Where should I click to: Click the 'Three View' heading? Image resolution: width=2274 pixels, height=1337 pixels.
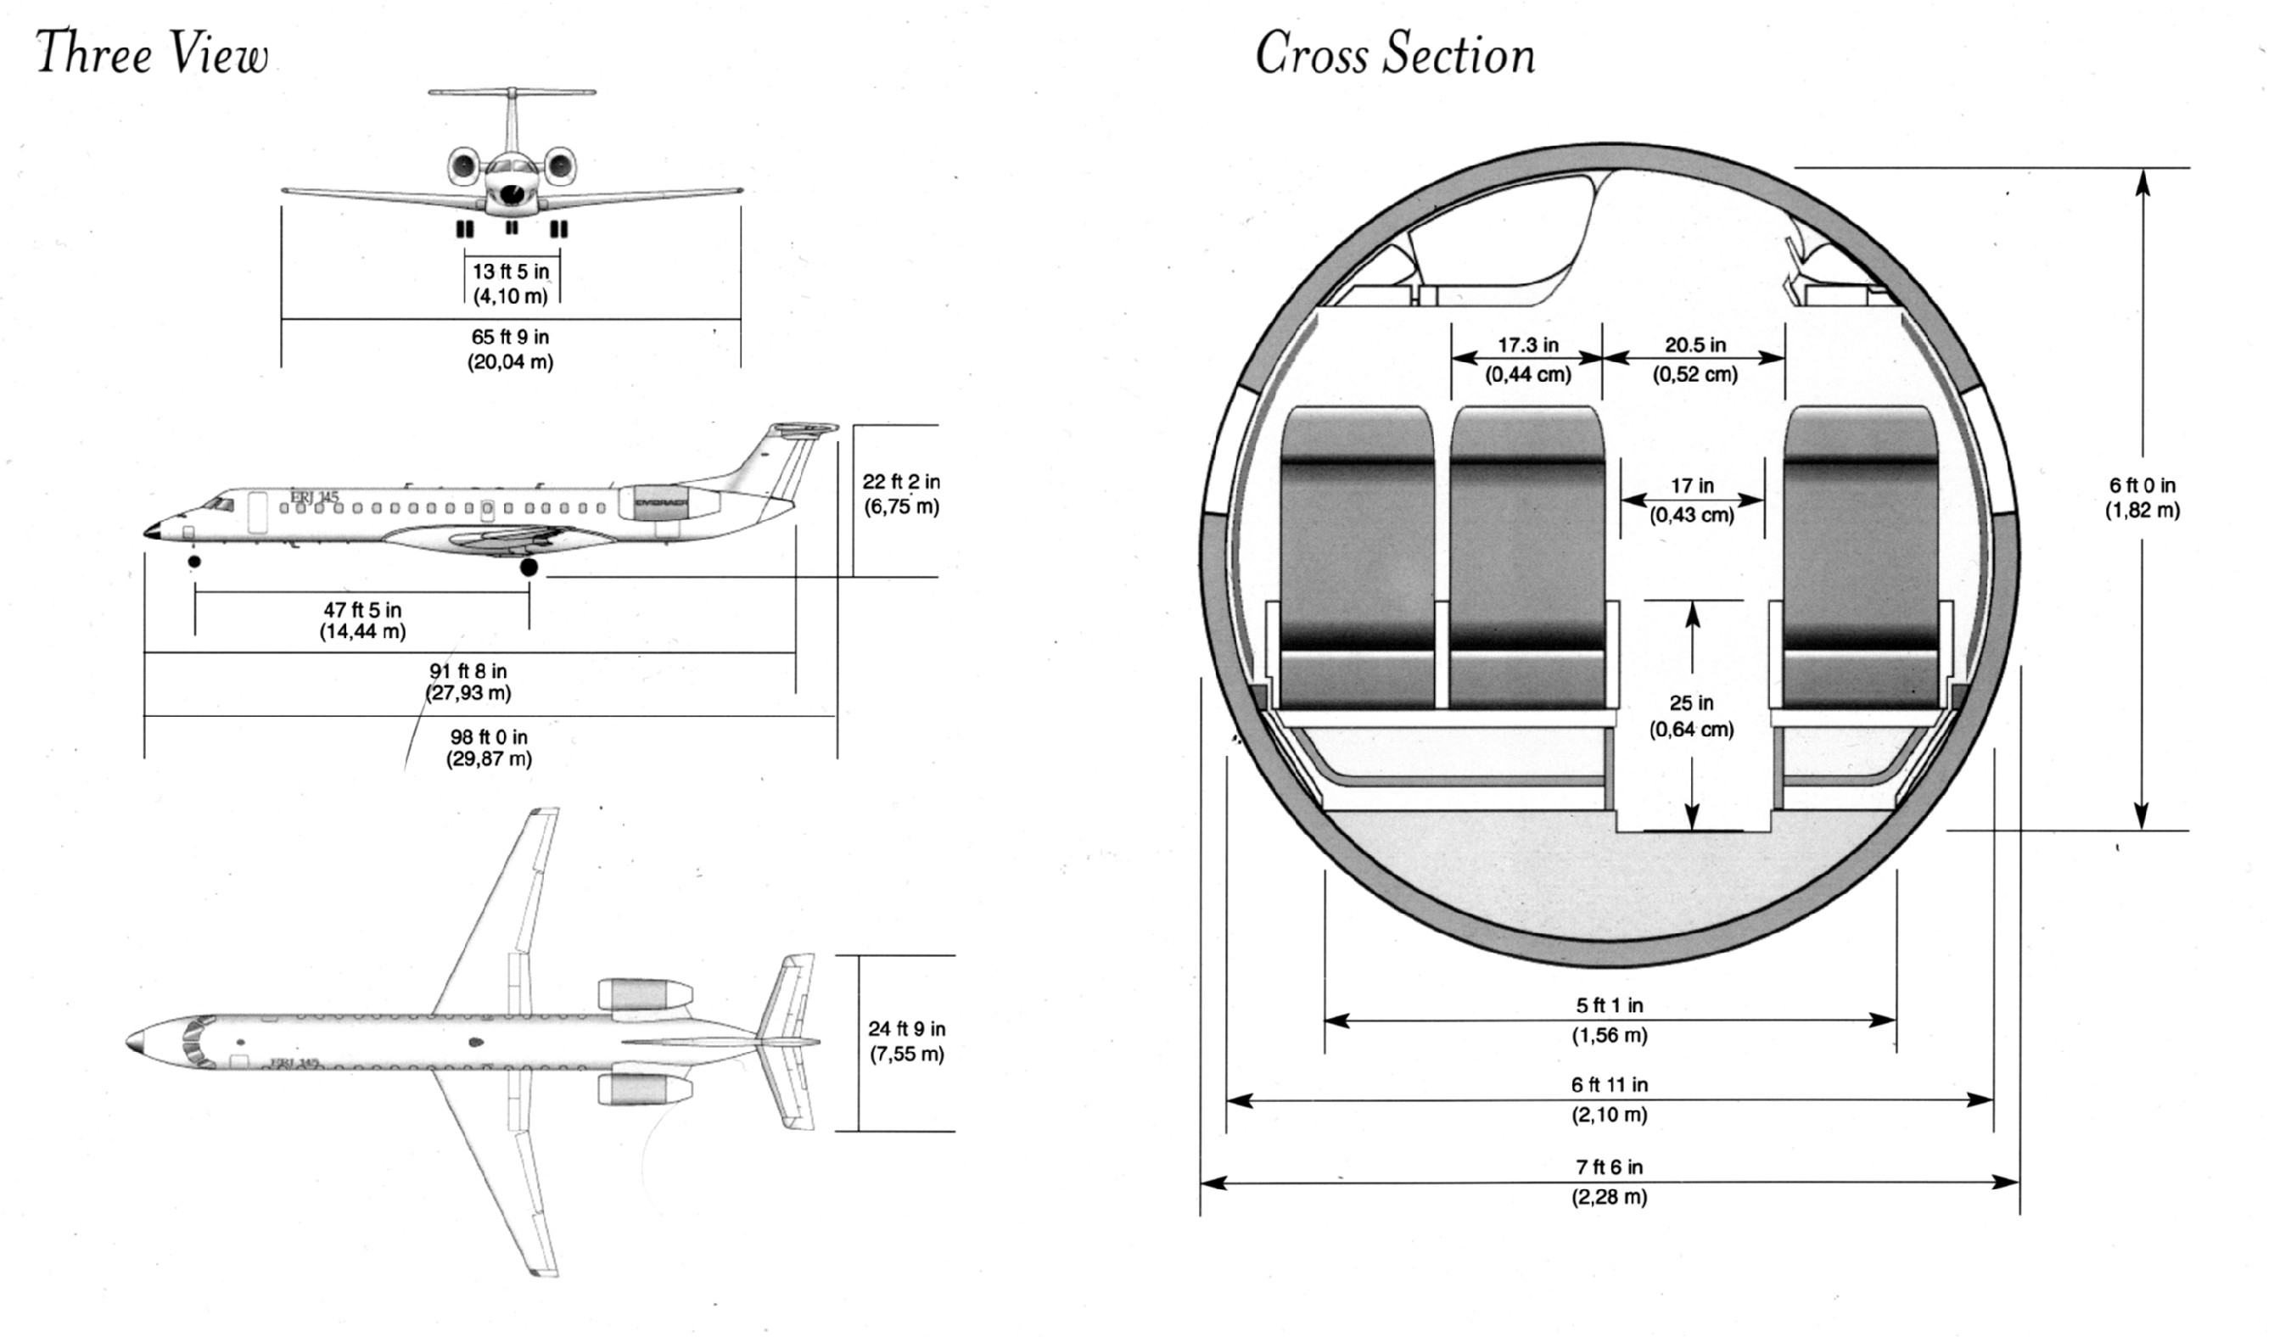[x=152, y=52]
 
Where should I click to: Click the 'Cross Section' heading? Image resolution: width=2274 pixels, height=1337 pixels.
[x=1395, y=53]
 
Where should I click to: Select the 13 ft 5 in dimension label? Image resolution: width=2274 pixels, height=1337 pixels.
[x=511, y=283]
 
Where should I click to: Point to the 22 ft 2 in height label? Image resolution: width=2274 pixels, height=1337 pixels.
[x=901, y=495]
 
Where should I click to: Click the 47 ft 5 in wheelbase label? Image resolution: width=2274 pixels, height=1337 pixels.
[x=363, y=621]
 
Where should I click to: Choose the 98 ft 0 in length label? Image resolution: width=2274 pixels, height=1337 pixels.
[x=489, y=748]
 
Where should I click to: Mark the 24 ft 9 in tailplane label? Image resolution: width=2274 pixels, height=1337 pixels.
[x=907, y=1041]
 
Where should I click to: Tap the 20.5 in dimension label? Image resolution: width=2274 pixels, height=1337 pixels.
[x=1694, y=359]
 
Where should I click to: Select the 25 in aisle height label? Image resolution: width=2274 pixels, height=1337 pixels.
[x=1691, y=715]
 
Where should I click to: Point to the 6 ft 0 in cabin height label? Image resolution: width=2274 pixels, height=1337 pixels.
[x=2142, y=498]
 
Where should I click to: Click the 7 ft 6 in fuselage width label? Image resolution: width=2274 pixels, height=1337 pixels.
[x=1609, y=1182]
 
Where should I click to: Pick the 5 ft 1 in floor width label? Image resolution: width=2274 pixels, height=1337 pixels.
[x=1609, y=1020]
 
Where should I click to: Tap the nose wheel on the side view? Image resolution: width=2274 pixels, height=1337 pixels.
[x=194, y=561]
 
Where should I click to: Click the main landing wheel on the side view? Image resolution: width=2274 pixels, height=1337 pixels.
[x=529, y=567]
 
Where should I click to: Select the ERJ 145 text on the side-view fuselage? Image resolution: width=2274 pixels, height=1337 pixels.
[x=314, y=496]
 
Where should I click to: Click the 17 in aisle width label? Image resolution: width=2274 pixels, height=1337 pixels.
[x=1692, y=500]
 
